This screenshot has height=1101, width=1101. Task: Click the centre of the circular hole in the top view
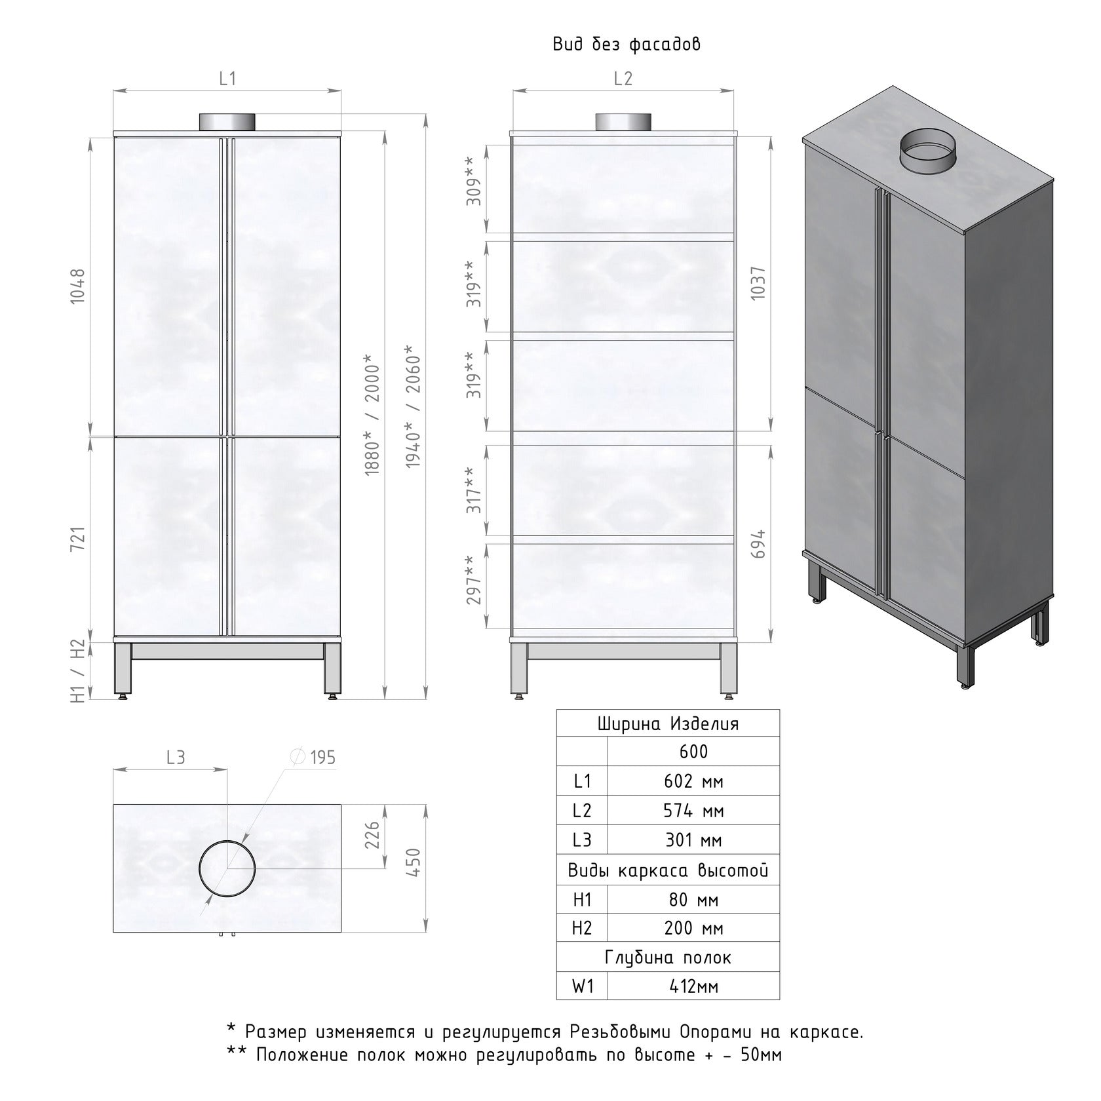click(227, 868)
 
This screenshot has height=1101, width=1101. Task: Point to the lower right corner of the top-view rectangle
click(341, 932)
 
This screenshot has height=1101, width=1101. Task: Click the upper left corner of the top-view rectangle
click(113, 804)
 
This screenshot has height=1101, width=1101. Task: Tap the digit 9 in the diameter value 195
click(321, 758)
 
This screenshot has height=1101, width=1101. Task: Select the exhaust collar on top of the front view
click(227, 122)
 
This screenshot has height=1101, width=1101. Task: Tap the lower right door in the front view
click(287, 536)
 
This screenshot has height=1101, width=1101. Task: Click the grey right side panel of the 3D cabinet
click(1009, 406)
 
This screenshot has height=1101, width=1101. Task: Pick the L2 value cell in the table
click(693, 811)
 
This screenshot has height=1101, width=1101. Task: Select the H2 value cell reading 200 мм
click(693, 928)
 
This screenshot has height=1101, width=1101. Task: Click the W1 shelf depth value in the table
click(693, 986)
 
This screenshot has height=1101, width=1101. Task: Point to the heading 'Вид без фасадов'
click(627, 45)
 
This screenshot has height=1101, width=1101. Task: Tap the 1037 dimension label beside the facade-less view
click(758, 284)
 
